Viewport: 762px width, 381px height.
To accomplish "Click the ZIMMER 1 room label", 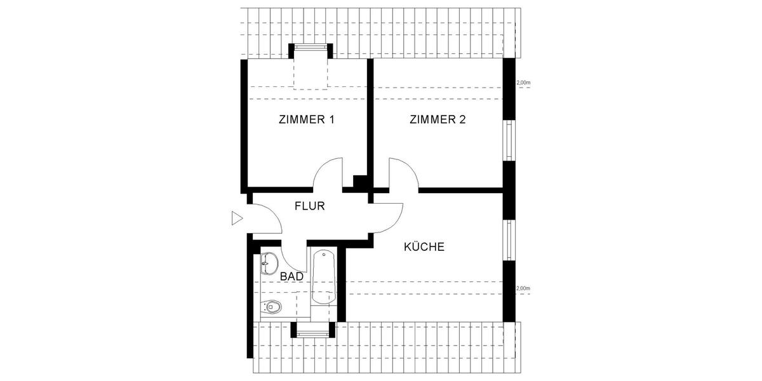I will tap(306, 119).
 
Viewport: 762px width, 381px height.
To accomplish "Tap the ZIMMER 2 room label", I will tap(438, 119).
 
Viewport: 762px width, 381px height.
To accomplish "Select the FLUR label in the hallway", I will tap(310, 206).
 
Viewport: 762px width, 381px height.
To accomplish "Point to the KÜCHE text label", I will tap(424, 247).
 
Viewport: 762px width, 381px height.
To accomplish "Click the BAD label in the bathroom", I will tap(291, 277).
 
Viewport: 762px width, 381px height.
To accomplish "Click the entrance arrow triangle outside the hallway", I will tap(237, 218).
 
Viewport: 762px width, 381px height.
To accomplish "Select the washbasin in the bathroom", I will tap(268, 262).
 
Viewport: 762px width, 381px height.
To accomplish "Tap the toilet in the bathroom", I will tap(271, 307).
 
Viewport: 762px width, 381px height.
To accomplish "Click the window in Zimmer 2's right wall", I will tap(509, 140).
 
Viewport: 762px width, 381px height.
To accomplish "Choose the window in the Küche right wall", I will tap(509, 240).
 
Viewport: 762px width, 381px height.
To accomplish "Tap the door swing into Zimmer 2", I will tap(403, 174).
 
